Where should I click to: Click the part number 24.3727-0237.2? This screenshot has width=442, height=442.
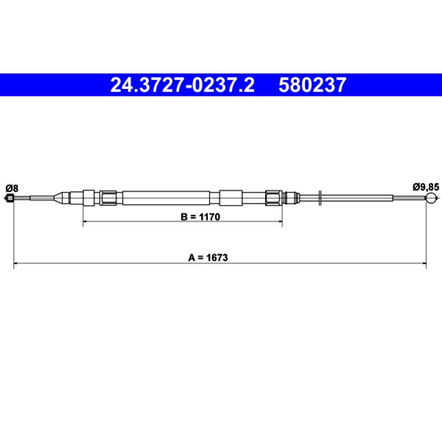[x=182, y=85]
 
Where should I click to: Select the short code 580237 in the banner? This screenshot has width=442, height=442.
[x=312, y=85]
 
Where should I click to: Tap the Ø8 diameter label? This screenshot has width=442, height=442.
[x=12, y=188]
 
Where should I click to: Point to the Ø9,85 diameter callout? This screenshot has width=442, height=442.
[x=426, y=187]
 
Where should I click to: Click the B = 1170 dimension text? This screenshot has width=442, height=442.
[x=201, y=217]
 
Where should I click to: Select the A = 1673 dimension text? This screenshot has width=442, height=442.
[x=208, y=257]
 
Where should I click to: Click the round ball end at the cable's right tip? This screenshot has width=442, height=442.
[x=431, y=198]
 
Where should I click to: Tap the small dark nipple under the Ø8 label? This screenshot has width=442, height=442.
[x=10, y=198]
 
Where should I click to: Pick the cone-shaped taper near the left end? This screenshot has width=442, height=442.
[x=61, y=198]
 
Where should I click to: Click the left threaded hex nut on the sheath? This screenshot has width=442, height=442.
[x=108, y=198]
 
